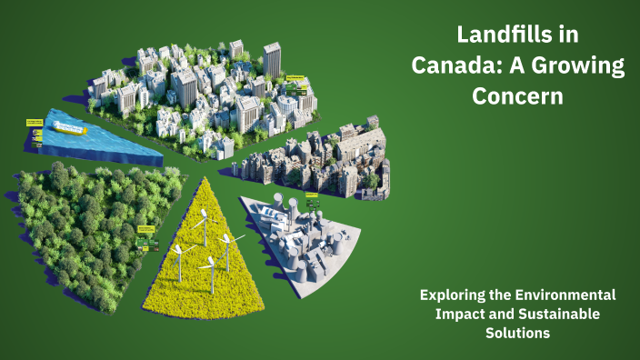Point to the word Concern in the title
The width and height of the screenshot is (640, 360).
(x=517, y=96)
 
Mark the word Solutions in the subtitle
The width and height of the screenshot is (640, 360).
(x=517, y=334)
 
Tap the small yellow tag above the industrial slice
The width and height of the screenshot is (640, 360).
(x=312, y=195)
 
